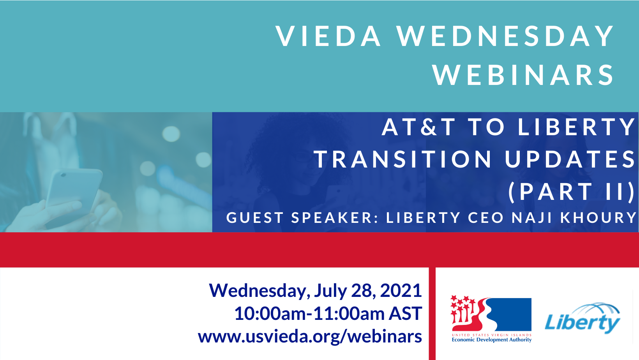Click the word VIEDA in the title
(x=328, y=36)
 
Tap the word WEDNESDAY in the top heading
(x=505, y=36)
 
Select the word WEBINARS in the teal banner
(x=523, y=75)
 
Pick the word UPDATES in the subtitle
(x=570, y=159)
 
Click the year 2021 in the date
(x=401, y=290)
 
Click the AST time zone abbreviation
(x=405, y=313)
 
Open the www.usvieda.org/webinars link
(x=310, y=337)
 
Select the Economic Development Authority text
(x=491, y=340)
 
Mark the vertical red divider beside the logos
(x=432, y=314)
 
